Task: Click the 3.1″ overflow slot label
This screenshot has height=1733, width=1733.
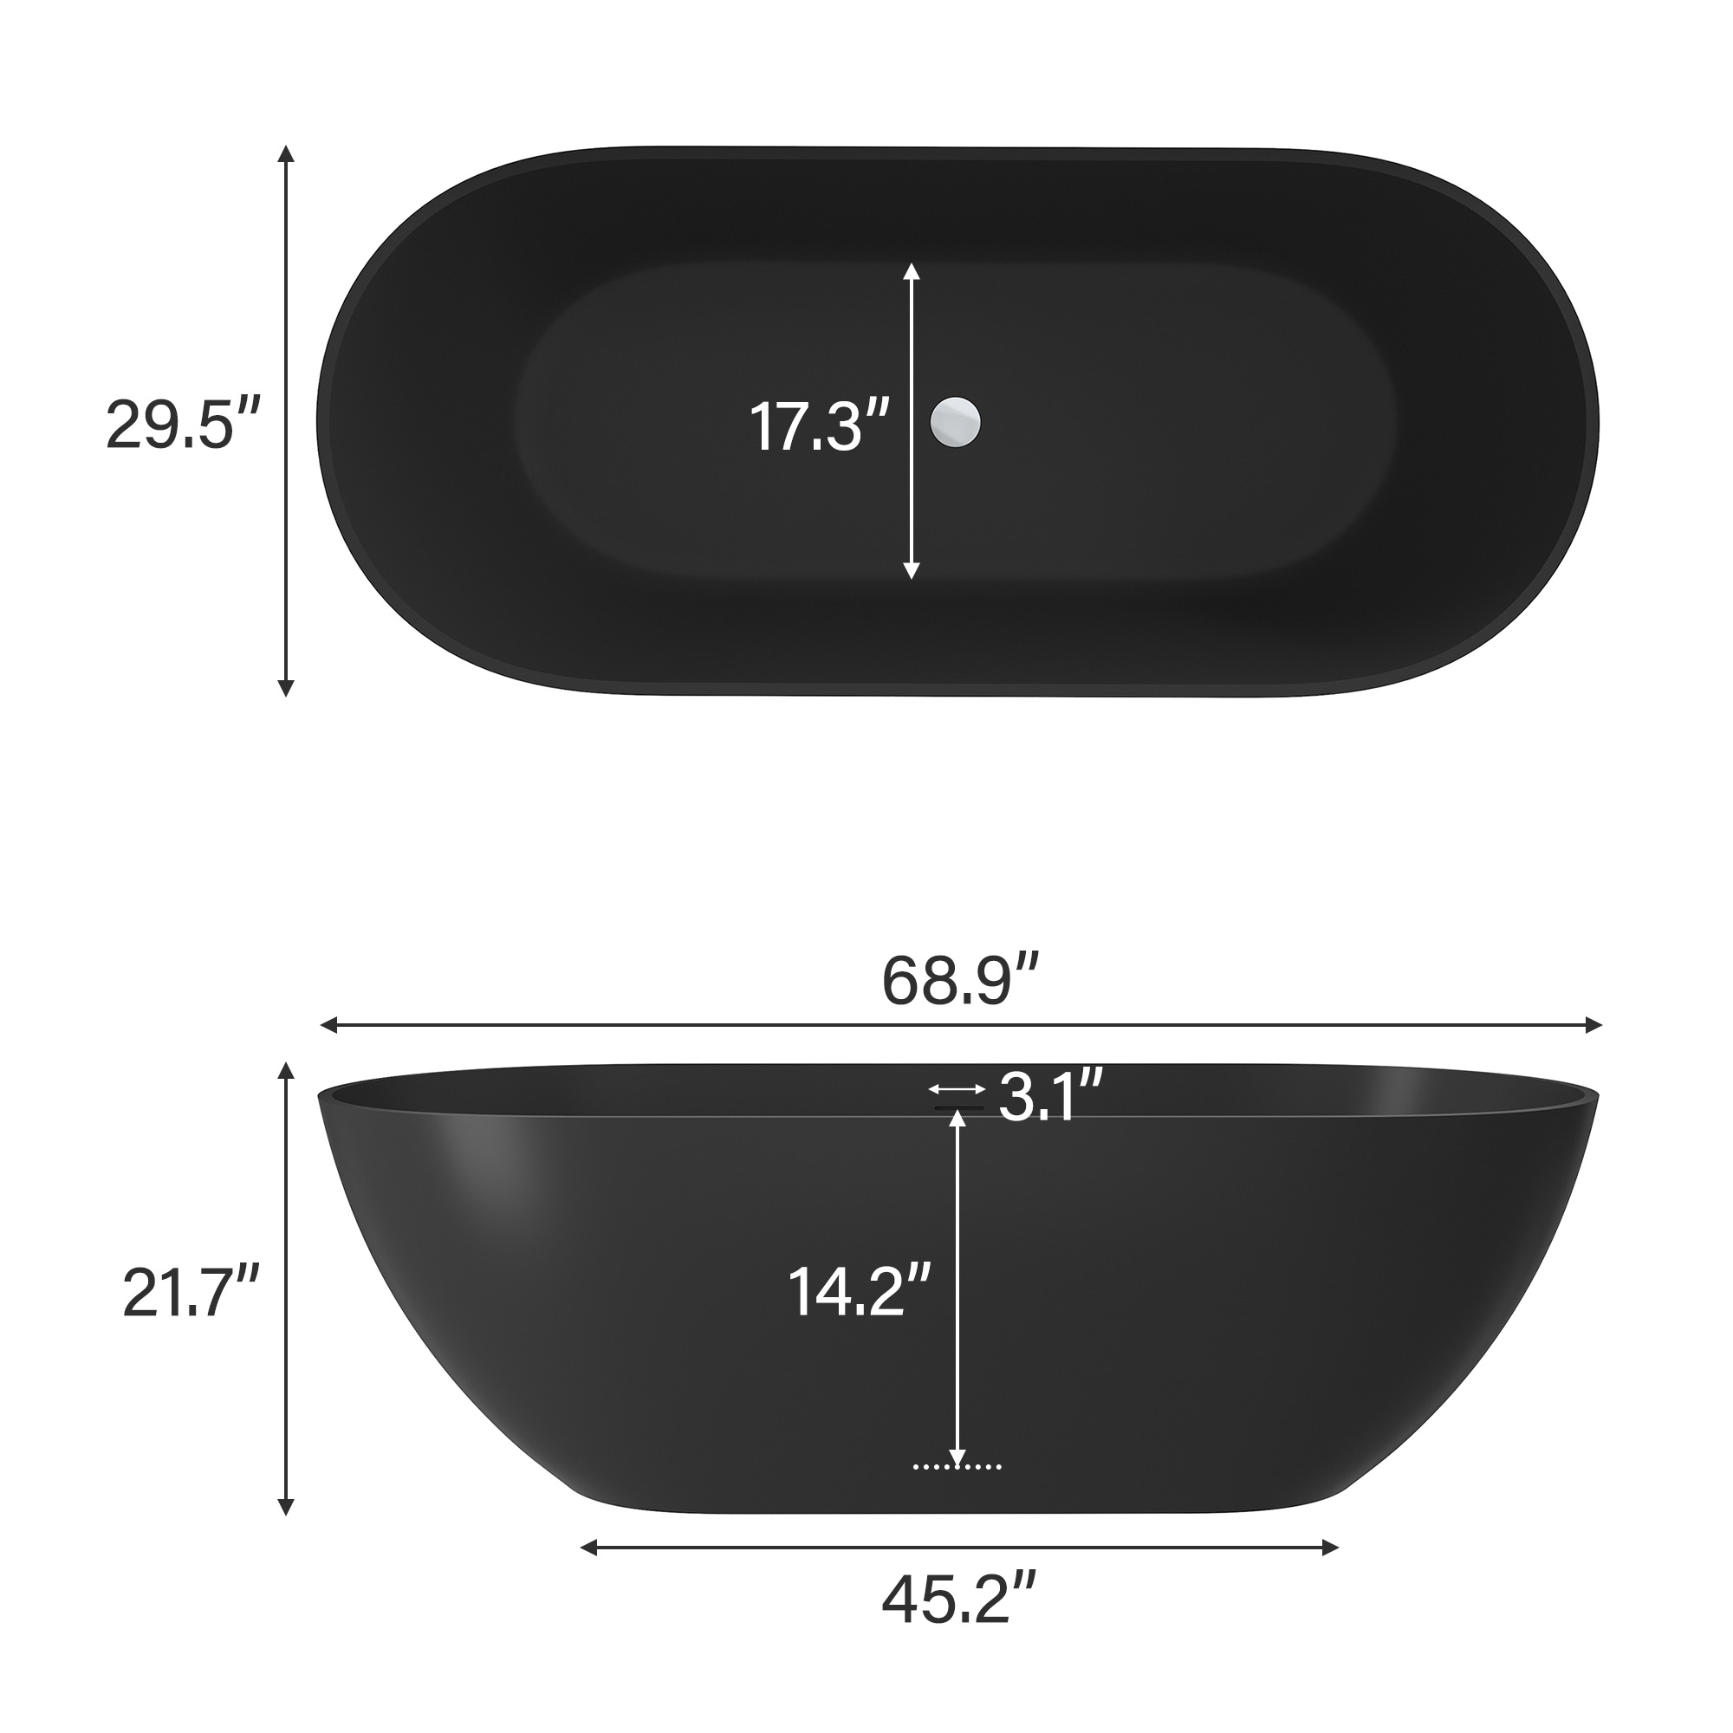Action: point(1049,1095)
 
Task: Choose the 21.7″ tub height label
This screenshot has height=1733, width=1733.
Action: point(191,1292)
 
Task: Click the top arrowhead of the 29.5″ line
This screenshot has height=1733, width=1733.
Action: point(286,153)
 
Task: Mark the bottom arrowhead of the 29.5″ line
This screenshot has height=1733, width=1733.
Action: point(286,688)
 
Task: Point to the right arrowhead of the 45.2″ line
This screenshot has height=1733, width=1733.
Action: point(1330,1547)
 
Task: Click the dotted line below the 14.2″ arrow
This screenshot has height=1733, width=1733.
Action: point(957,1467)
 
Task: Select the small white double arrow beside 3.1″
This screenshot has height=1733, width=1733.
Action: point(957,1089)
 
